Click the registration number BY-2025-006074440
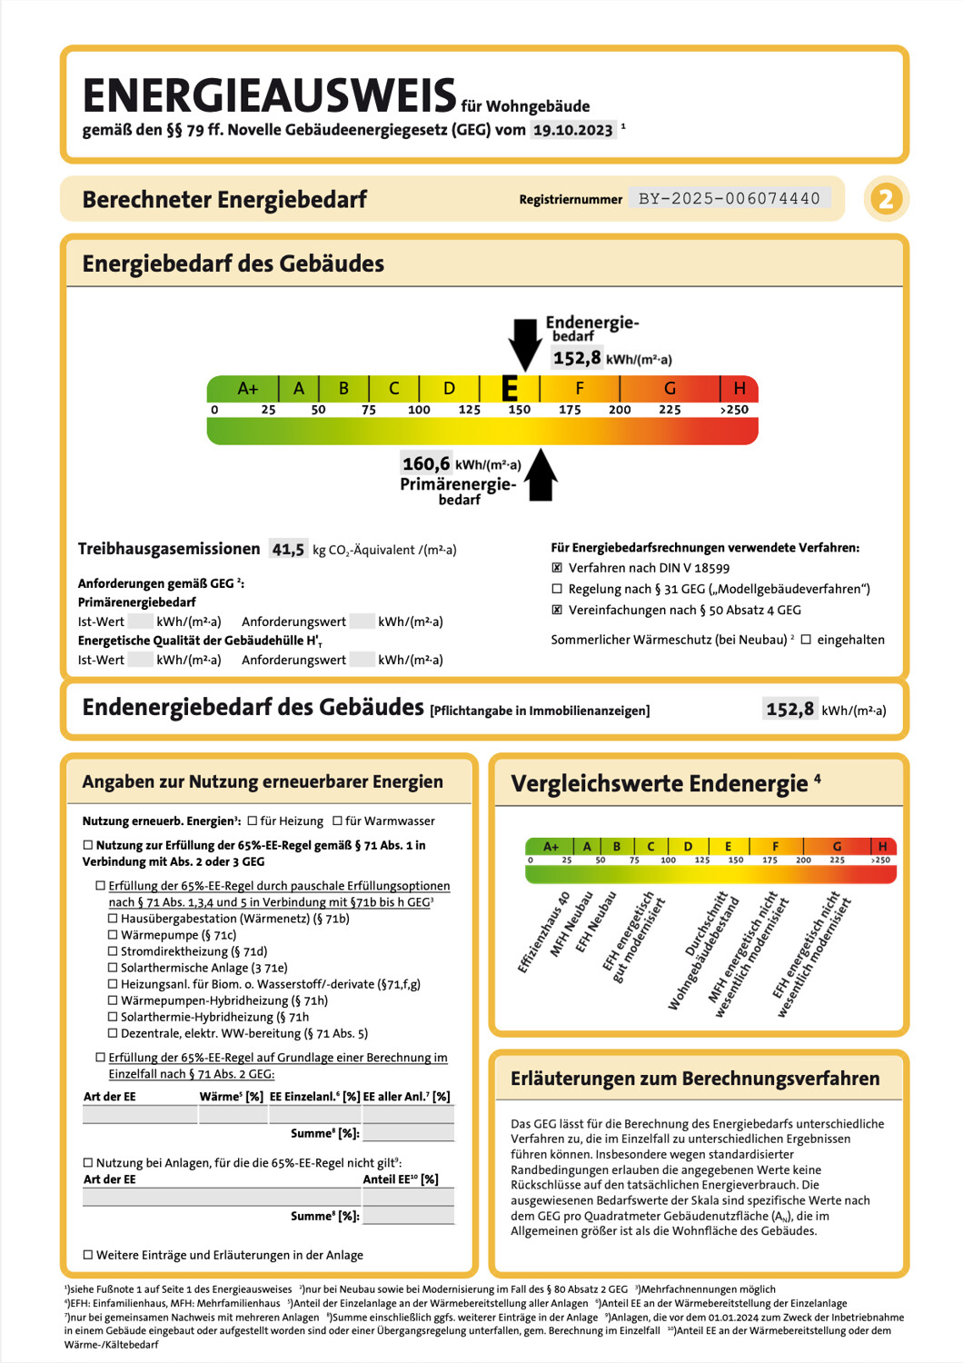730,198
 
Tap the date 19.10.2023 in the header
572,130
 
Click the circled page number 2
886,198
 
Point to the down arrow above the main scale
524,343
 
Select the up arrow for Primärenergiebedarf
541,475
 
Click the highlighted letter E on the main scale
511,389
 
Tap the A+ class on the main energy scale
247,389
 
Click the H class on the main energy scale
739,389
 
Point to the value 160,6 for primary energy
426,463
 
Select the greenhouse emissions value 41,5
288,549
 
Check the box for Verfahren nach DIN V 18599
557,568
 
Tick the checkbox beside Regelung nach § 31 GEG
557,589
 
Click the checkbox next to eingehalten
806,640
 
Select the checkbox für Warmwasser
337,821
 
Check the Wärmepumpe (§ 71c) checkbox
113,935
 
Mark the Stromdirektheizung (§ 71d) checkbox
113,951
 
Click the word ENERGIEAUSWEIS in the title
269,95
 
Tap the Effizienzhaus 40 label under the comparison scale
544,931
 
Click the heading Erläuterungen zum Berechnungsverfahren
695,1079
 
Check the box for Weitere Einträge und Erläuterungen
88,1255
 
